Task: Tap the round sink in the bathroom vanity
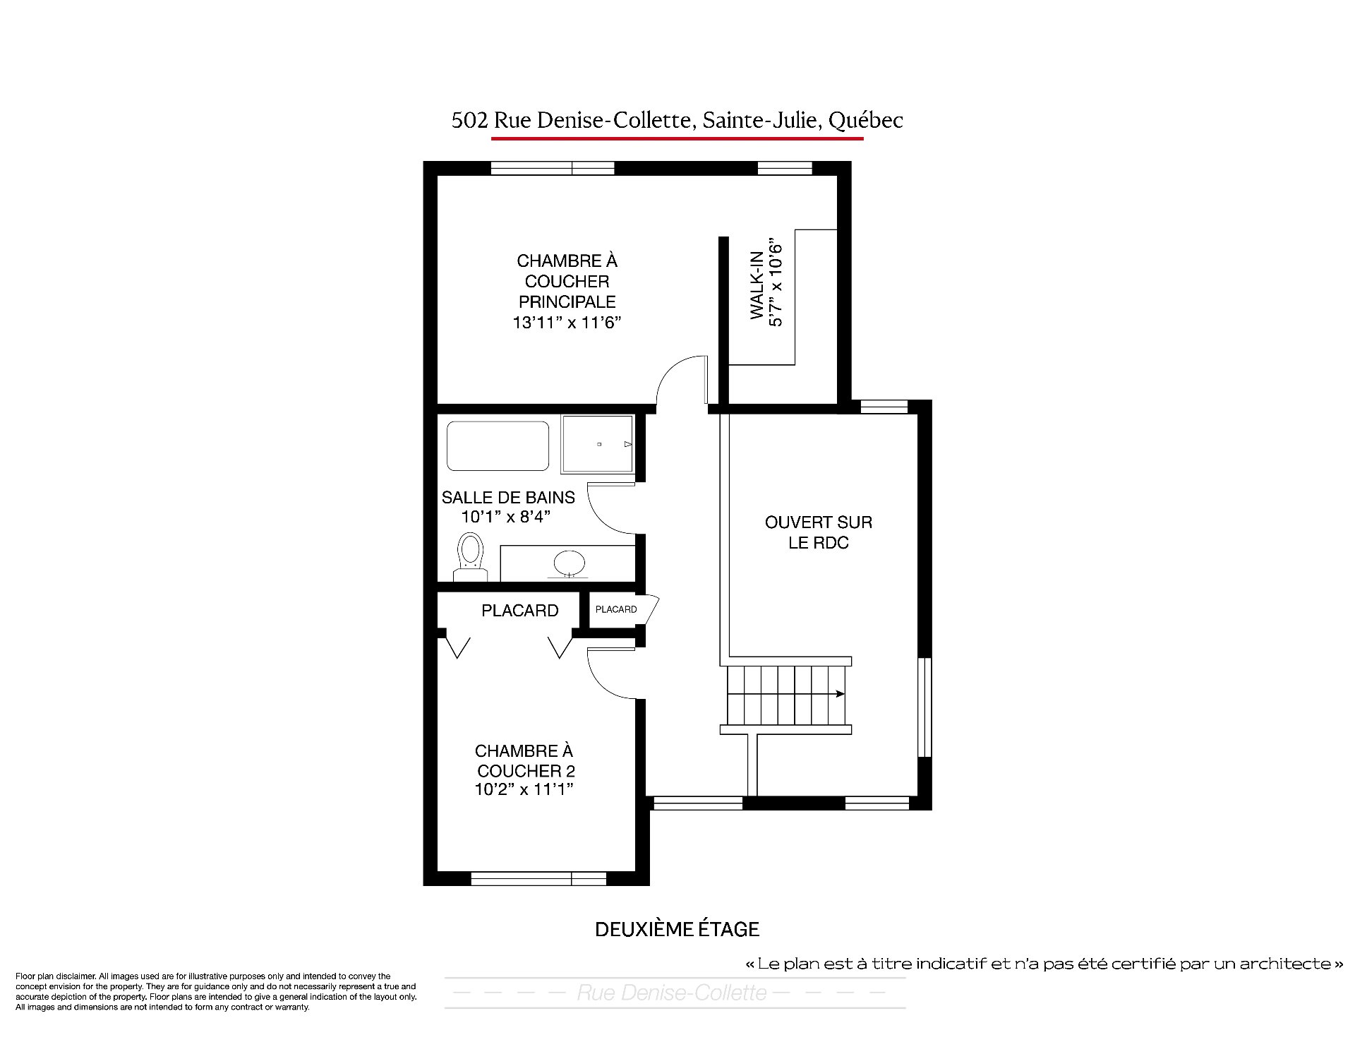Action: pos(570,564)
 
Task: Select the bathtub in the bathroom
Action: pos(498,446)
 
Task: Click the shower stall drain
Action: pos(599,444)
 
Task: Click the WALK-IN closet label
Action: pos(757,285)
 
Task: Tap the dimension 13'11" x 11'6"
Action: pos(567,323)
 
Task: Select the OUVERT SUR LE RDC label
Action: pos(819,532)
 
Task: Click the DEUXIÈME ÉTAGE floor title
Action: pos(677,929)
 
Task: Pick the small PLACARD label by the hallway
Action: pos(616,609)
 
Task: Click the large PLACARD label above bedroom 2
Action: pos(520,611)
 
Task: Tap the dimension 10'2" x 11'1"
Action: pos(524,789)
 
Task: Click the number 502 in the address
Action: pos(469,121)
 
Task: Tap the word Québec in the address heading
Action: pos(865,121)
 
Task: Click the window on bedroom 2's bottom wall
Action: pos(538,878)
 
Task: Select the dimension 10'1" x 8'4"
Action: pos(505,517)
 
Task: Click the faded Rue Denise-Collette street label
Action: pos(672,993)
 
